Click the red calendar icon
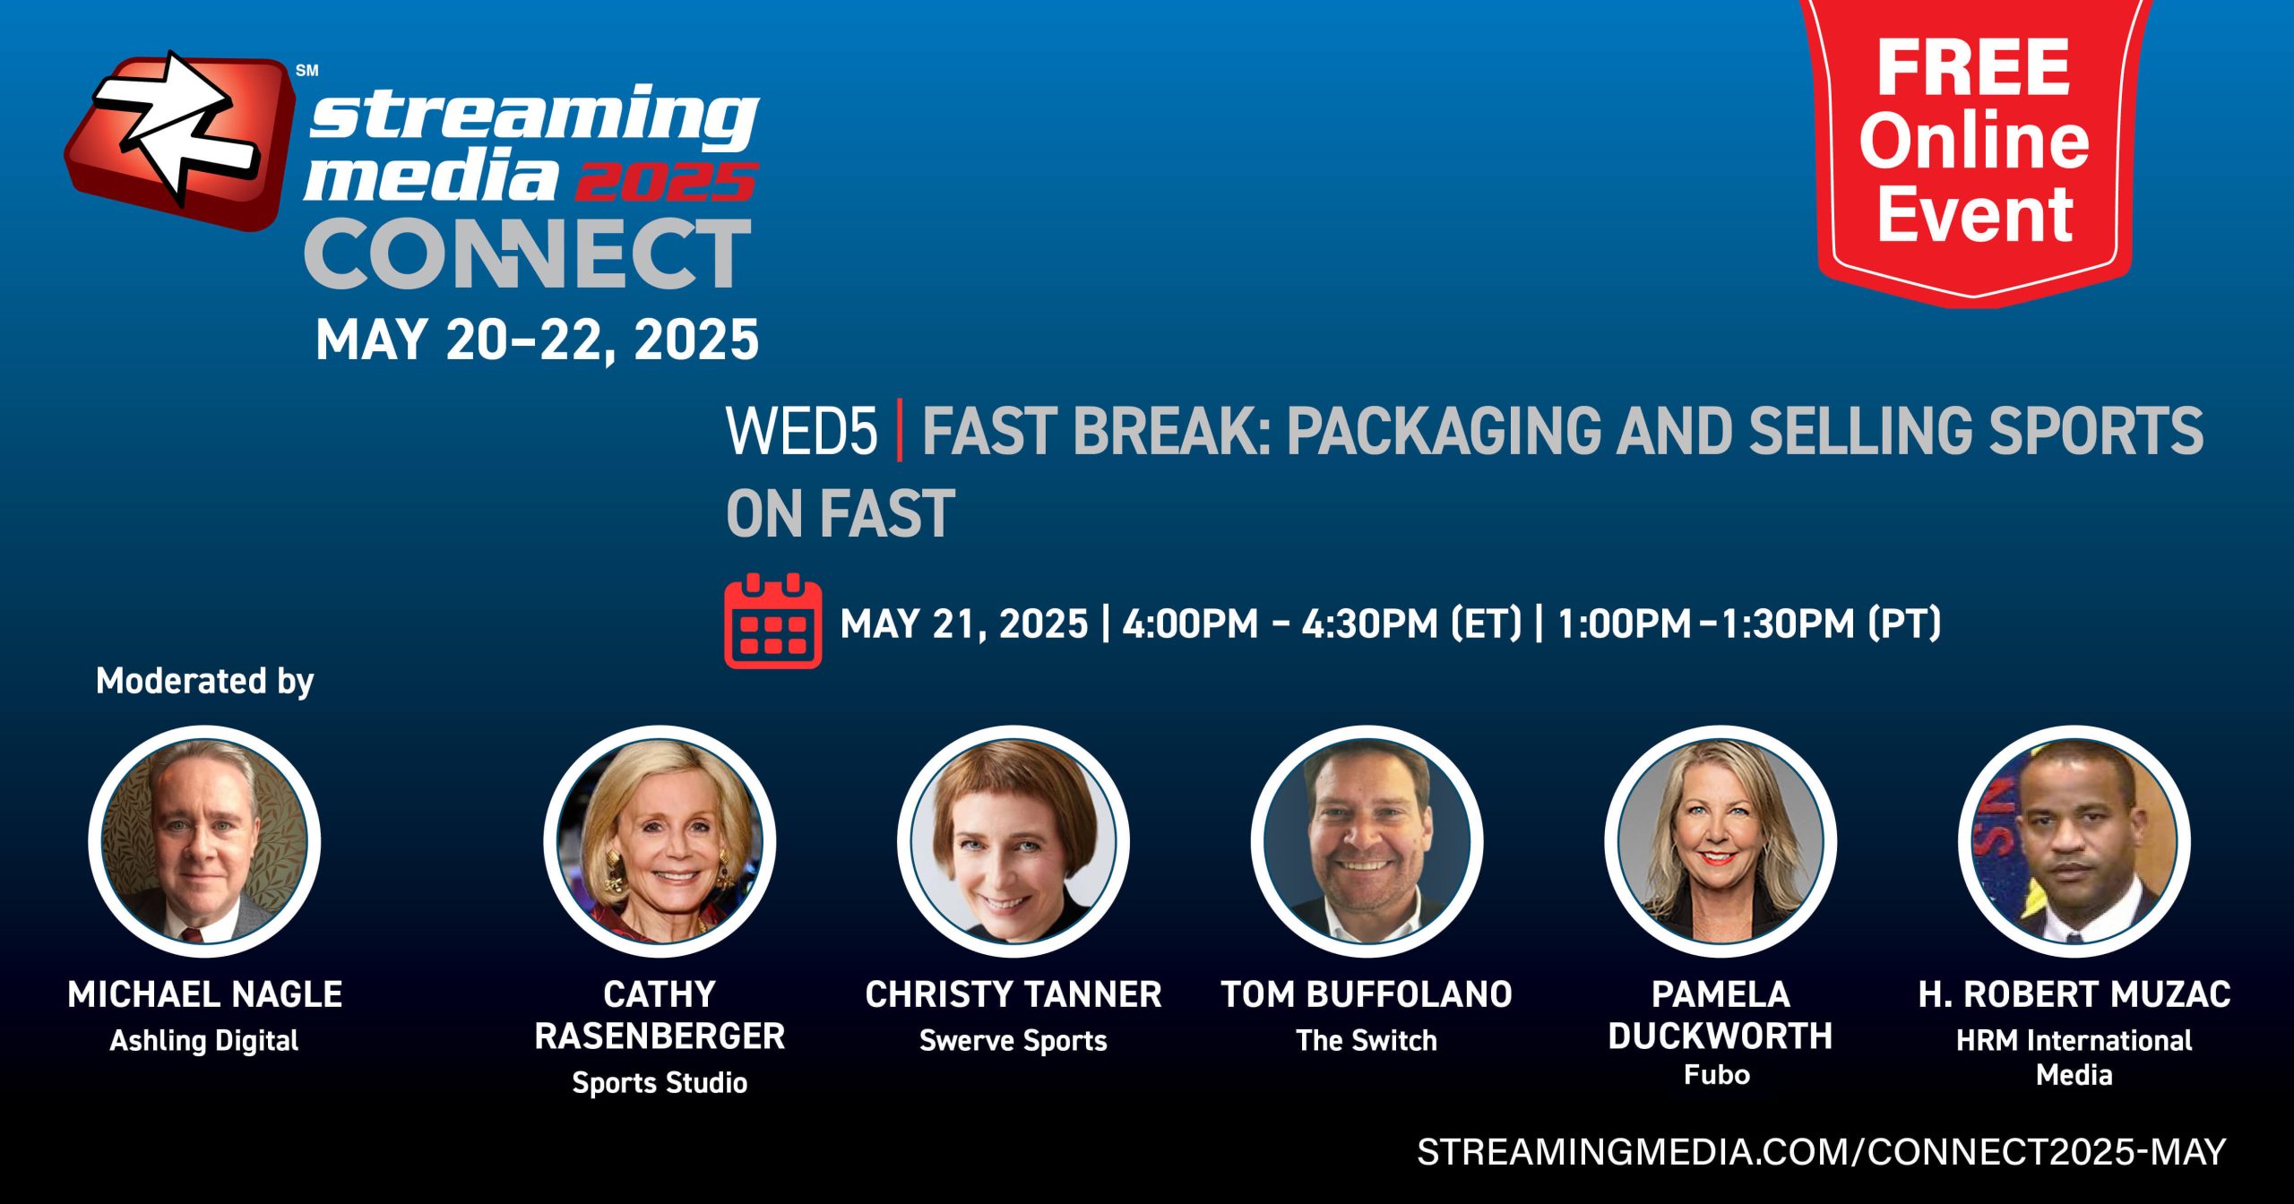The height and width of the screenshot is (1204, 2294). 772,621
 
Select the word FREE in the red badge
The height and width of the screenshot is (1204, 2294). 1973,67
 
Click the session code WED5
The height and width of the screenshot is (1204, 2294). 801,431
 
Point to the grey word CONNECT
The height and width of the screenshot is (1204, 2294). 528,254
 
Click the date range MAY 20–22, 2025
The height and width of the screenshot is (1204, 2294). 537,340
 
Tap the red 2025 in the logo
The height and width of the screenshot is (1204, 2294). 666,182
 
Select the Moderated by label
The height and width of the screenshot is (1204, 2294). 204,681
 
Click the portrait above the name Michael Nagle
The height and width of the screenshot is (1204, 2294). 204,841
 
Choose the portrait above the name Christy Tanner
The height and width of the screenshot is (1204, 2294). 1013,841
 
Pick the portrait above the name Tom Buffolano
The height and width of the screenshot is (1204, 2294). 1367,841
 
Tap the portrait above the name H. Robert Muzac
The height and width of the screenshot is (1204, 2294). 2074,841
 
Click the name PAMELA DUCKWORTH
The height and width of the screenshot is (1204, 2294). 1720,1015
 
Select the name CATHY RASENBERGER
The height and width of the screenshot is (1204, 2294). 660,1015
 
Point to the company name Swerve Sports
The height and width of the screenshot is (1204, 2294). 1013,1040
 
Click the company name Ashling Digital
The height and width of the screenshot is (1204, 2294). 204,1040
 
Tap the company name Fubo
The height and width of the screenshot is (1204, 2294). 1717,1074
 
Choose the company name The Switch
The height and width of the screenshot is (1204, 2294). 1367,1040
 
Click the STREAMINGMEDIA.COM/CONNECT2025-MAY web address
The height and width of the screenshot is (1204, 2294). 1822,1151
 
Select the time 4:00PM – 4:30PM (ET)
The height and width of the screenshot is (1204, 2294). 1323,623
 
